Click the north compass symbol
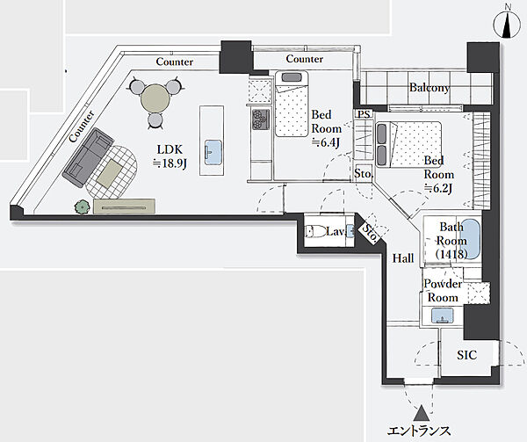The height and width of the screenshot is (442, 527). tap(507, 25)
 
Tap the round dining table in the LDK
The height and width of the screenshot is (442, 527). tap(155, 98)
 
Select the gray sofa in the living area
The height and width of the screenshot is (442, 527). tap(88, 157)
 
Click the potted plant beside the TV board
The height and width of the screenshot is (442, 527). tap(83, 207)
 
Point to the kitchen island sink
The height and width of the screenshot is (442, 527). tap(213, 152)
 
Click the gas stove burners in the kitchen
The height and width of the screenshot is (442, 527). tap(261, 120)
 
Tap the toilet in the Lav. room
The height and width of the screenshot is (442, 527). tap(315, 232)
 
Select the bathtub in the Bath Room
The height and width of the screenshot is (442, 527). tap(470, 239)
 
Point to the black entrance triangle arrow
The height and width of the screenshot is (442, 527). tap(421, 413)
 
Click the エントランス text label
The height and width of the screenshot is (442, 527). tap(419, 431)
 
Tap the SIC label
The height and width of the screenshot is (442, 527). tap(466, 355)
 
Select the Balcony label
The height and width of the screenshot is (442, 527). tap(430, 88)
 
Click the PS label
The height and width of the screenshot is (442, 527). tap(364, 114)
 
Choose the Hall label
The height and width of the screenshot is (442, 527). tap(403, 258)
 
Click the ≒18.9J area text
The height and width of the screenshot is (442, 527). tap(170, 163)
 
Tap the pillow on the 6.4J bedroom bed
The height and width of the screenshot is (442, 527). tap(291, 77)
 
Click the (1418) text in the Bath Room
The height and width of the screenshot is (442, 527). tap(451, 255)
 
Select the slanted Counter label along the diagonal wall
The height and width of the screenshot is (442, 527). tap(82, 127)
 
